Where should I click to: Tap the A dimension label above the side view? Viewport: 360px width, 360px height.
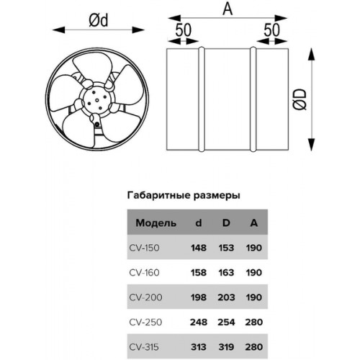pos(228,9)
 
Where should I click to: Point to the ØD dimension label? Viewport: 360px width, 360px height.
pos(300,99)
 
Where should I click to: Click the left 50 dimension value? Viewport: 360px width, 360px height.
pos(184,30)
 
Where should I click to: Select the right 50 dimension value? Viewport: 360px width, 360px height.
pos(272,30)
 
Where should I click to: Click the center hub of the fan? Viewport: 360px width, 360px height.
pos(97,100)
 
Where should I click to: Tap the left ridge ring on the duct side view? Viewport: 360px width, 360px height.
pos(202,99)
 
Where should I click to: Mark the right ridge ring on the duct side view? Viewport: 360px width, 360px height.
pos(253,99)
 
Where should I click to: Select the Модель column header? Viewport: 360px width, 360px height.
pos(156,223)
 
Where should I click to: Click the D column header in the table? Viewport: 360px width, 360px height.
pos(226,223)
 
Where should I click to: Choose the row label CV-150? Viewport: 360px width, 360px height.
pos(144,248)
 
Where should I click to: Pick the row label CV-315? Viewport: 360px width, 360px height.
pos(144,347)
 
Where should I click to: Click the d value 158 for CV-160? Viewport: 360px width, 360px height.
pos(199,273)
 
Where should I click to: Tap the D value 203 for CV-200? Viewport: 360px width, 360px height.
pos(226,297)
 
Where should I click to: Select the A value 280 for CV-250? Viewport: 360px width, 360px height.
pos(254,322)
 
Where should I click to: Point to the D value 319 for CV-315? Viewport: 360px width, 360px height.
pos(226,347)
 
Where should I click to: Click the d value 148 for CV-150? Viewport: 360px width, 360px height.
pos(199,248)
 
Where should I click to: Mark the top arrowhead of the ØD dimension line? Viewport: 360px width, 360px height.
pos(311,54)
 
